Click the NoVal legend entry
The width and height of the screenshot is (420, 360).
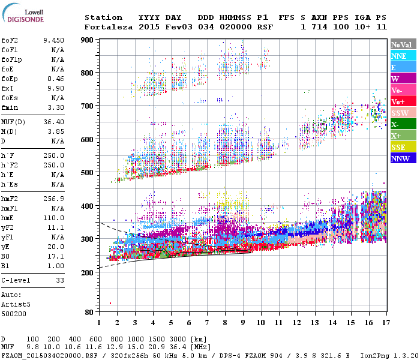pyautogui.click(x=401, y=44)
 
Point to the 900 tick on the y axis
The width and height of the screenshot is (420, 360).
pyautogui.click(x=88, y=40)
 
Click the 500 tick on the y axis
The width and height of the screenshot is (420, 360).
pyautogui.click(x=88, y=173)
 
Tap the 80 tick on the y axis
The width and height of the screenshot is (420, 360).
pyautogui.click(x=89, y=313)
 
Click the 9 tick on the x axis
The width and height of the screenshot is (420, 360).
pyautogui.click(x=242, y=323)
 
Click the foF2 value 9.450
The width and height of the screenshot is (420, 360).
pyautogui.click(x=53, y=40)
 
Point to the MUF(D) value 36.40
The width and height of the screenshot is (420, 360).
pyautogui.click(x=53, y=122)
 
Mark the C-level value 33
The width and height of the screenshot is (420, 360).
pyautogui.click(x=60, y=280)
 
